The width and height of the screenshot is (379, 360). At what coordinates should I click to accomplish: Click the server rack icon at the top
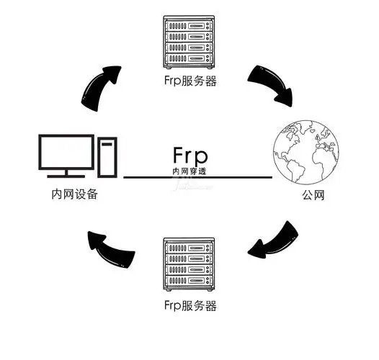190,42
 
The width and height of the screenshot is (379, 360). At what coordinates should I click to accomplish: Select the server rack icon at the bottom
190,266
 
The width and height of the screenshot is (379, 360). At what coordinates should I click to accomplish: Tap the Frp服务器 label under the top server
190,81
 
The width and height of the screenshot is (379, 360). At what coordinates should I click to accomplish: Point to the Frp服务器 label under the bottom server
190,305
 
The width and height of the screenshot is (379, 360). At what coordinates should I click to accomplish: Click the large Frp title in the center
190,156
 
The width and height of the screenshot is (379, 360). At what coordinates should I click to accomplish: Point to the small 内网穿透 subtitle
190,172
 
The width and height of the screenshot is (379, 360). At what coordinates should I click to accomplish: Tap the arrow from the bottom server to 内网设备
108,244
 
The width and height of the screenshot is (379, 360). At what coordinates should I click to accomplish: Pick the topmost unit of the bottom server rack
190,247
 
